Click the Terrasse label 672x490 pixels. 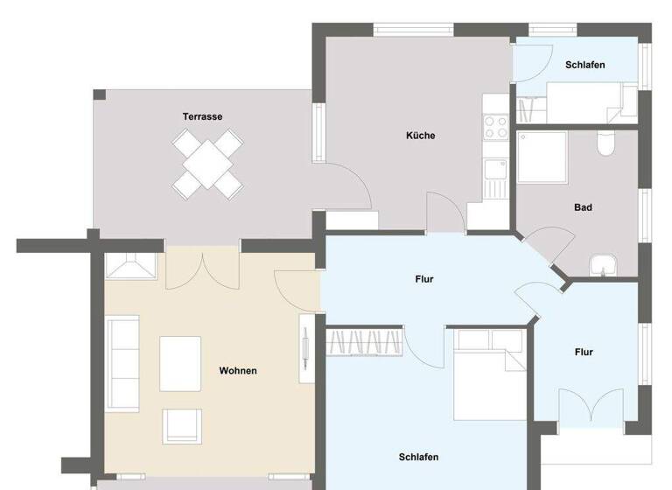click(x=202, y=116)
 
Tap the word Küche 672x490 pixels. click(x=420, y=136)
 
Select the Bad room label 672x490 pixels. click(x=583, y=207)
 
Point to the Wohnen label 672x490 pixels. click(x=238, y=371)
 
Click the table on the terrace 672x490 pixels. click(x=207, y=163)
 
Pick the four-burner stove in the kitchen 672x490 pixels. click(x=496, y=128)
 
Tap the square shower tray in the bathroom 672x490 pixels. click(x=542, y=157)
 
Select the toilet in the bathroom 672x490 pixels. click(x=606, y=143)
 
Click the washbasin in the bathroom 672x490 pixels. click(x=603, y=263)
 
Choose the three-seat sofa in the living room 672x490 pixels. click(x=122, y=364)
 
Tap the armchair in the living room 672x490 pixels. click(x=183, y=426)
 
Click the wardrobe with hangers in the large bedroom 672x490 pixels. click(x=365, y=341)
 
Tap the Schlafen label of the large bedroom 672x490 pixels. click(x=418, y=457)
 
